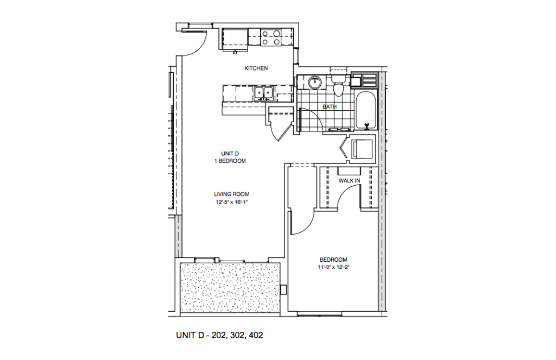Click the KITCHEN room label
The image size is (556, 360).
pyautogui.click(x=256, y=68)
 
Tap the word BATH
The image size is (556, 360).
pyautogui.click(x=329, y=107)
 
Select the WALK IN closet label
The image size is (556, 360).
pyautogui.click(x=350, y=180)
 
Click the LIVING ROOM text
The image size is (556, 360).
pyautogui.click(x=231, y=194)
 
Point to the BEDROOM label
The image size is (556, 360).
pyautogui.click(x=333, y=260)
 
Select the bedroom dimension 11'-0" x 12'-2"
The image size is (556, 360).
pyautogui.click(x=333, y=267)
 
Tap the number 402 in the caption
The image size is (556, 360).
pyautogui.click(x=256, y=336)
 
